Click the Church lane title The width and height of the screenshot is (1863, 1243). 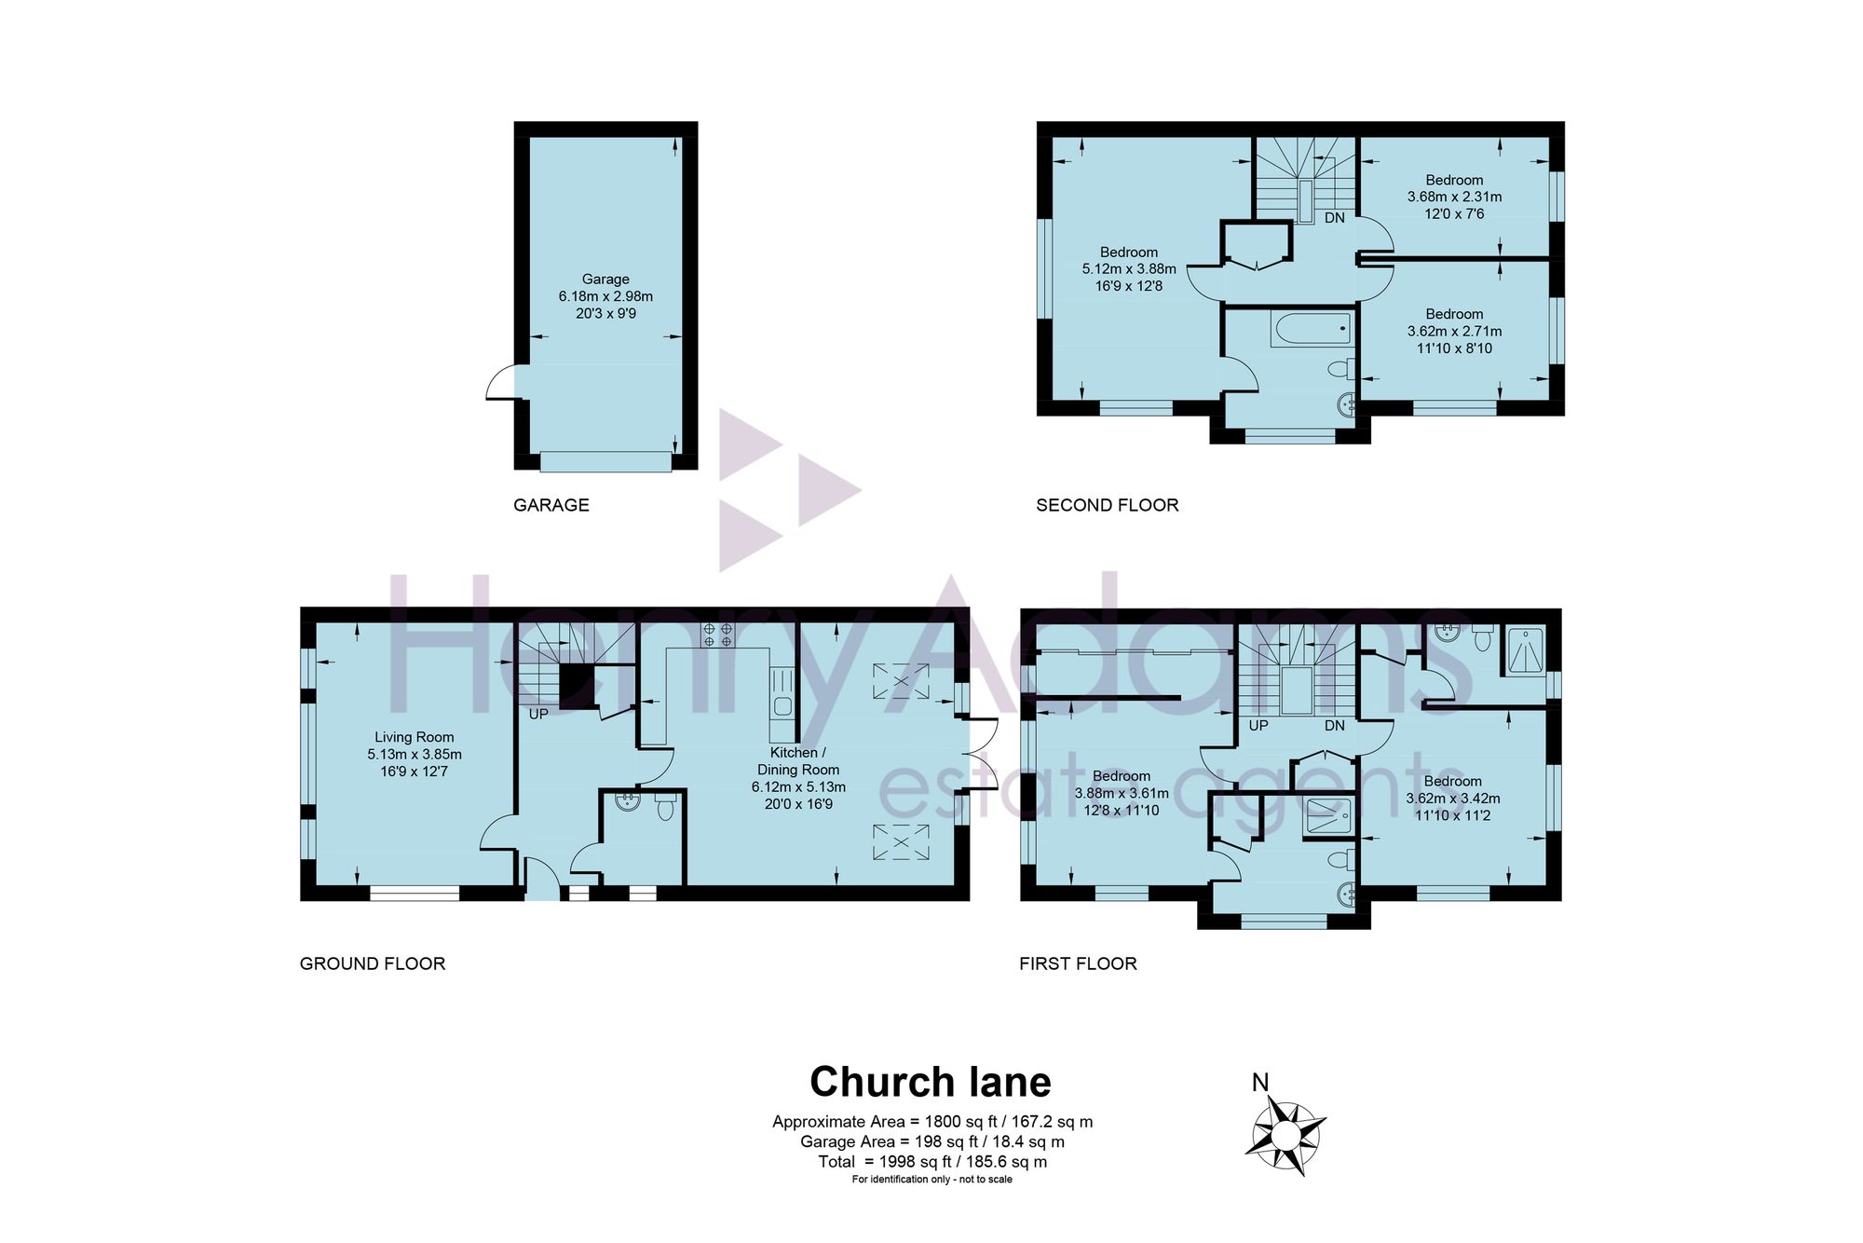click(x=931, y=1082)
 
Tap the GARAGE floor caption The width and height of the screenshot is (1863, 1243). click(x=551, y=505)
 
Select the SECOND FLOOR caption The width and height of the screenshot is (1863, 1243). click(x=1108, y=505)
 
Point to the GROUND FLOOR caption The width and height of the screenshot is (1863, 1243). click(x=373, y=963)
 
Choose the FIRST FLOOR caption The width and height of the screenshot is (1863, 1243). click(x=1078, y=963)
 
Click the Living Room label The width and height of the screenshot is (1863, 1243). click(x=415, y=737)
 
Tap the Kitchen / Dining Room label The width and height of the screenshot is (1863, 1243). click(x=798, y=761)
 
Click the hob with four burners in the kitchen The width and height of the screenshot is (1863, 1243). click(x=718, y=635)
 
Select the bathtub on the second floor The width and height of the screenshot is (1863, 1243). click(x=1311, y=329)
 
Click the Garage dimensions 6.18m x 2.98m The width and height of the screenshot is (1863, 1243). click(x=605, y=296)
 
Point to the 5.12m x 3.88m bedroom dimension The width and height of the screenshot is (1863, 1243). click(x=1129, y=268)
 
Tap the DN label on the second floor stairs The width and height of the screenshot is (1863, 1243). click(x=1335, y=218)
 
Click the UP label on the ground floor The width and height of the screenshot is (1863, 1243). click(x=538, y=714)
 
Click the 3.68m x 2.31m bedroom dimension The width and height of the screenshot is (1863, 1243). click(x=1454, y=197)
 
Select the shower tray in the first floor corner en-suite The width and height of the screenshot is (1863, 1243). click(x=1521, y=651)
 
